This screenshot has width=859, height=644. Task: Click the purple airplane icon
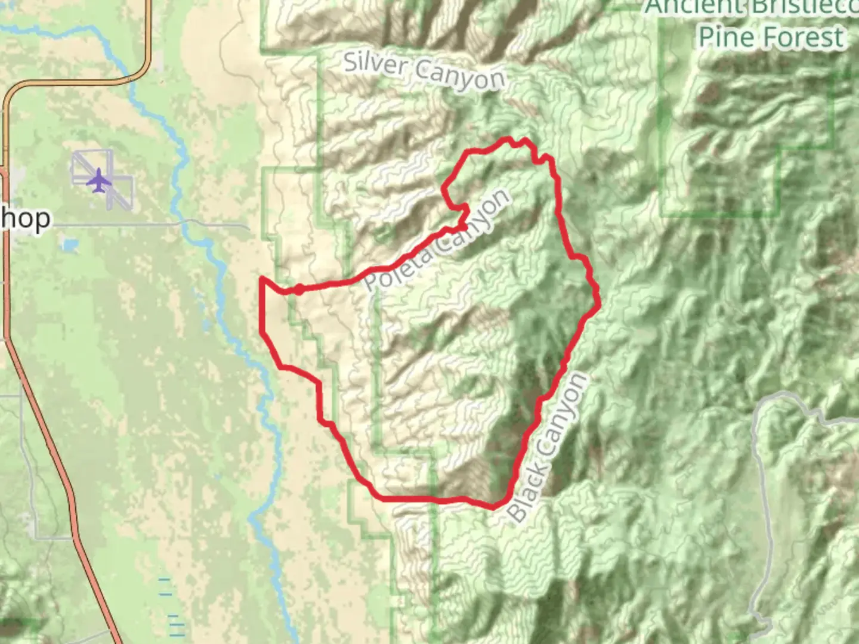pos(98,180)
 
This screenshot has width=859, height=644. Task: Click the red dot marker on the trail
pos(298,290)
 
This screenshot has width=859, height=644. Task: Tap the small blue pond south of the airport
pos(69,245)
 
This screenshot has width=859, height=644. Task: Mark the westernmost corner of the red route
pos(262,279)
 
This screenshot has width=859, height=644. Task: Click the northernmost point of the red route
pos(509,140)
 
